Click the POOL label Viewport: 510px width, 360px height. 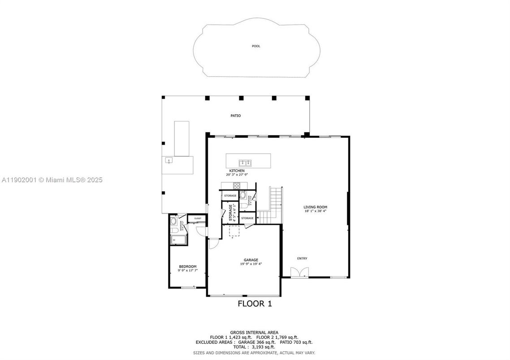[x=256, y=46]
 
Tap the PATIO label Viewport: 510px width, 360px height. [x=236, y=116]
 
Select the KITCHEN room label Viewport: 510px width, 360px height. [x=237, y=171]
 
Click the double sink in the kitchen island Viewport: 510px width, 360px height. [x=245, y=163]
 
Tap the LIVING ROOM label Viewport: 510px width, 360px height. [x=315, y=207]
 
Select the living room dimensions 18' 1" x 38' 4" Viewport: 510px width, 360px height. [x=315, y=211]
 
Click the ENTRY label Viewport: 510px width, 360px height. [x=302, y=258]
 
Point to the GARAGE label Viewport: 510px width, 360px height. [x=251, y=260]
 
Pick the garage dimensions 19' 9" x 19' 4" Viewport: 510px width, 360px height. [x=251, y=264]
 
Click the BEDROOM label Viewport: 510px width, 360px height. [x=187, y=266]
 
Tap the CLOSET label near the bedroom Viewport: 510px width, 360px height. [x=198, y=219]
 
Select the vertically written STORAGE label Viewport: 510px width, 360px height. [x=231, y=213]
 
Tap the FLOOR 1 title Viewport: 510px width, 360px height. [x=255, y=304]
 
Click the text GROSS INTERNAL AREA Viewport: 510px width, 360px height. [x=254, y=332]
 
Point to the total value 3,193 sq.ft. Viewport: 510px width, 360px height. [x=264, y=347]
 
